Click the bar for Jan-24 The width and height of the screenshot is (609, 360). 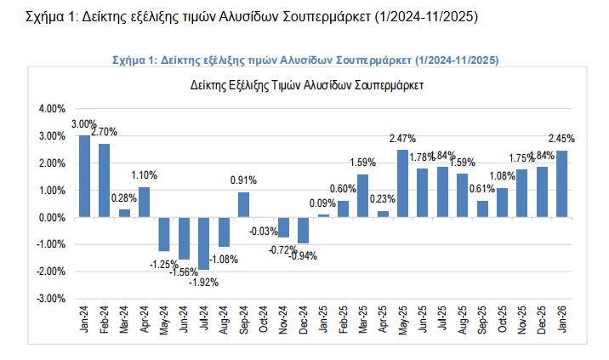84,176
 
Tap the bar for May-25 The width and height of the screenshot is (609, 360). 402,183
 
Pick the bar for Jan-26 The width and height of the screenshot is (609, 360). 561,184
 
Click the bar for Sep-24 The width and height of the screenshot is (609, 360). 243,204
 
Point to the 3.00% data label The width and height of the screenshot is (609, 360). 83,124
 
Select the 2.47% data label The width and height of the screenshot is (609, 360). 402,138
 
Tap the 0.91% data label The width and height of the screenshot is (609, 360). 243,180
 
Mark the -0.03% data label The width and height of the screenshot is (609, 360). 264,231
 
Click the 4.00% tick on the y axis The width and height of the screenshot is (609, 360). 52,109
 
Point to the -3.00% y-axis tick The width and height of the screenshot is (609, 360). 50,299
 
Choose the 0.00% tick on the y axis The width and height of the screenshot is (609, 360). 52,218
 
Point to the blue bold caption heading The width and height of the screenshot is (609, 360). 305,60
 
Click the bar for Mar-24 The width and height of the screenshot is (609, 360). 124,213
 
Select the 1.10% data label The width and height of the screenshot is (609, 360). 144,175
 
